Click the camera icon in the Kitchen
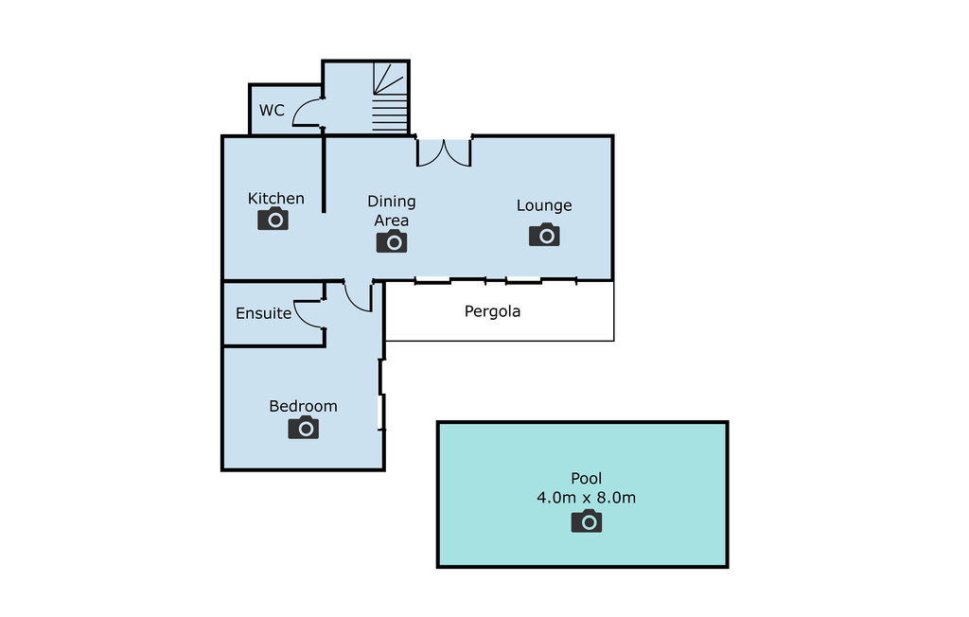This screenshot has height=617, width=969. [273, 220]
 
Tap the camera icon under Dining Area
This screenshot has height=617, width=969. [392, 242]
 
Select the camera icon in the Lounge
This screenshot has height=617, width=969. [544, 235]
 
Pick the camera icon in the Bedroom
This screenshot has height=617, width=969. [304, 428]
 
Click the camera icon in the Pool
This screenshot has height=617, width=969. [587, 520]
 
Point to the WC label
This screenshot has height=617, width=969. [272, 111]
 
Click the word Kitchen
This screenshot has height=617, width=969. [276, 198]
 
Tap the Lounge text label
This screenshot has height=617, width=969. [544, 205]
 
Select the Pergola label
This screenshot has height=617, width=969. [492, 310]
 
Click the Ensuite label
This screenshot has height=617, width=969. [263, 313]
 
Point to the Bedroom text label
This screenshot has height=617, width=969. [303, 406]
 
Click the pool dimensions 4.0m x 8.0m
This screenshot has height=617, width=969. [587, 498]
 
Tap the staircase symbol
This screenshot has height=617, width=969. [389, 97]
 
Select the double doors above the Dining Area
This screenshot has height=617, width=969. [444, 152]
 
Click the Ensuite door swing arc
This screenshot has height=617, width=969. [308, 313]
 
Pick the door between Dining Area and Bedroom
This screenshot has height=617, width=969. [358, 295]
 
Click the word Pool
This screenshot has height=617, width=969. [587, 478]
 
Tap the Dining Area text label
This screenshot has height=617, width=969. [392, 211]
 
